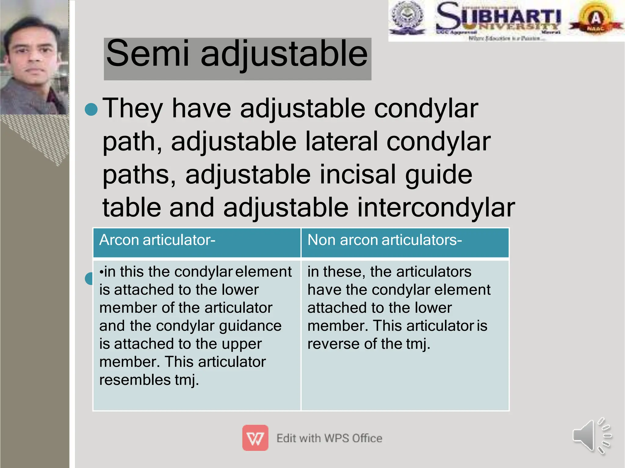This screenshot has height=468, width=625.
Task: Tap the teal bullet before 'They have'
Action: click(x=91, y=110)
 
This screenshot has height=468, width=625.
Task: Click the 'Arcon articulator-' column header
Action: click(x=157, y=240)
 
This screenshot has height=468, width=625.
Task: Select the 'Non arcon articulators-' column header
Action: click(x=385, y=240)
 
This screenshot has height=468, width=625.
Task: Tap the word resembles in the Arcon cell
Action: click(x=135, y=380)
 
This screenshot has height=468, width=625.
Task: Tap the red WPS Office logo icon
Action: click(x=255, y=438)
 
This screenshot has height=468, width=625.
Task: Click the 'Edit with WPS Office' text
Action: click(x=329, y=438)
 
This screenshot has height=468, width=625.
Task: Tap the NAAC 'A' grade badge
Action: click(x=595, y=19)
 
